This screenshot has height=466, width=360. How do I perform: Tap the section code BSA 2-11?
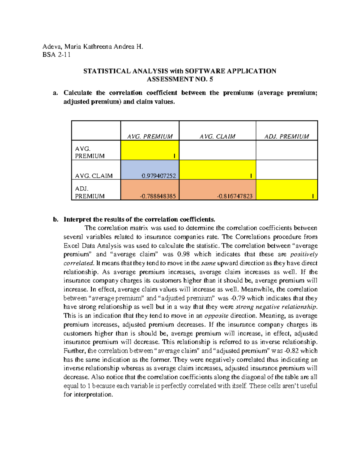pos(56,55)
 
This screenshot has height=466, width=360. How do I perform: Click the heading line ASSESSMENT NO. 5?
pos(180,80)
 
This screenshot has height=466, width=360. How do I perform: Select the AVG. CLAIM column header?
pos(217,137)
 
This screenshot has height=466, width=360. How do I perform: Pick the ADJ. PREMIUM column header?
pos(286,137)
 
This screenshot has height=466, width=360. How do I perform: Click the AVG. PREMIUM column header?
pos(150,137)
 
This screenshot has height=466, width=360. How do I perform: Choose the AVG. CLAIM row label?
pos(94,176)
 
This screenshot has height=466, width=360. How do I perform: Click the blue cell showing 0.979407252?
pos(150,170)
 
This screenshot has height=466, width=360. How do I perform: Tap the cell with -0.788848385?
pos(150,190)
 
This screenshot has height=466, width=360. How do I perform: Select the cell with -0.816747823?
pos(217,190)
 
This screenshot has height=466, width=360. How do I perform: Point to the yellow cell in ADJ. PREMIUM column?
pos(286,190)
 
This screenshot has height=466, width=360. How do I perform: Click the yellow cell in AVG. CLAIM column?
pos(217,170)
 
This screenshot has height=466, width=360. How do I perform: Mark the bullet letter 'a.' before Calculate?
pos(55,93)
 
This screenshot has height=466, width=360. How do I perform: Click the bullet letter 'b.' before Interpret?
pos(55,219)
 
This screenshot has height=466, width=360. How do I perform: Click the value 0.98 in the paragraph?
pos(183,254)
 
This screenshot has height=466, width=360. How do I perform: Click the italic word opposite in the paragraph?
pos(216,316)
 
